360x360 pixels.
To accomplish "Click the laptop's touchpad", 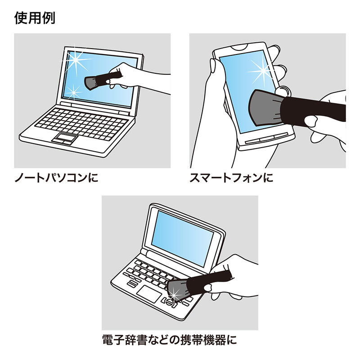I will point(63,138).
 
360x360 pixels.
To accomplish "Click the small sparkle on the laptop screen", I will point(72,92).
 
